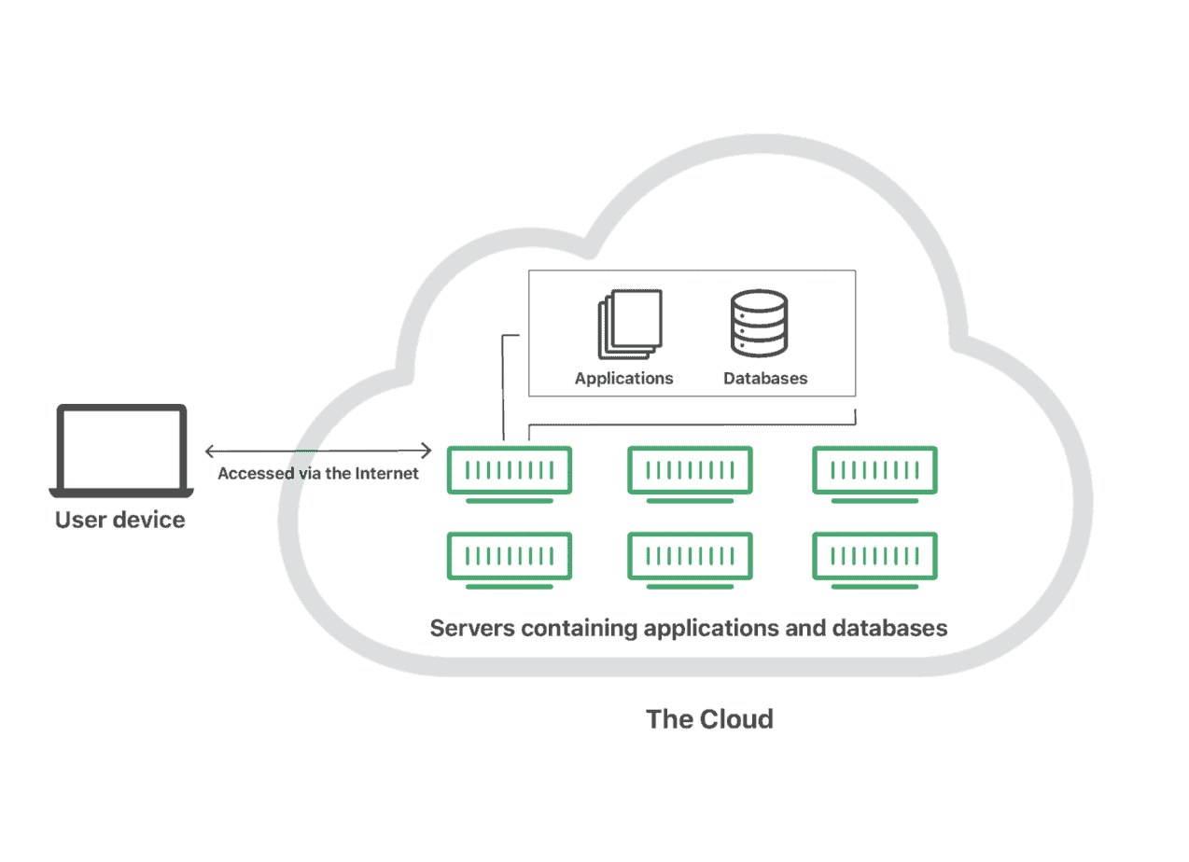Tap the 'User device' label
(x=120, y=520)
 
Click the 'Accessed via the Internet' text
(x=318, y=473)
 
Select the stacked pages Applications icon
(x=630, y=324)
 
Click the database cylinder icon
(x=759, y=323)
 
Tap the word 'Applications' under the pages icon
(x=623, y=378)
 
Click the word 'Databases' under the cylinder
(x=765, y=378)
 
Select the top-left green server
(x=510, y=474)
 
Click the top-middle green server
(x=690, y=474)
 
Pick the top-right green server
(x=874, y=474)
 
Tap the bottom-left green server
(x=510, y=560)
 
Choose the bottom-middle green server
(x=690, y=560)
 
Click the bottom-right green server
(x=874, y=560)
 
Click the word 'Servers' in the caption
(x=472, y=628)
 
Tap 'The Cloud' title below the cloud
(x=709, y=719)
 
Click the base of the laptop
(x=121, y=493)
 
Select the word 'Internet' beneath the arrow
(x=386, y=473)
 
